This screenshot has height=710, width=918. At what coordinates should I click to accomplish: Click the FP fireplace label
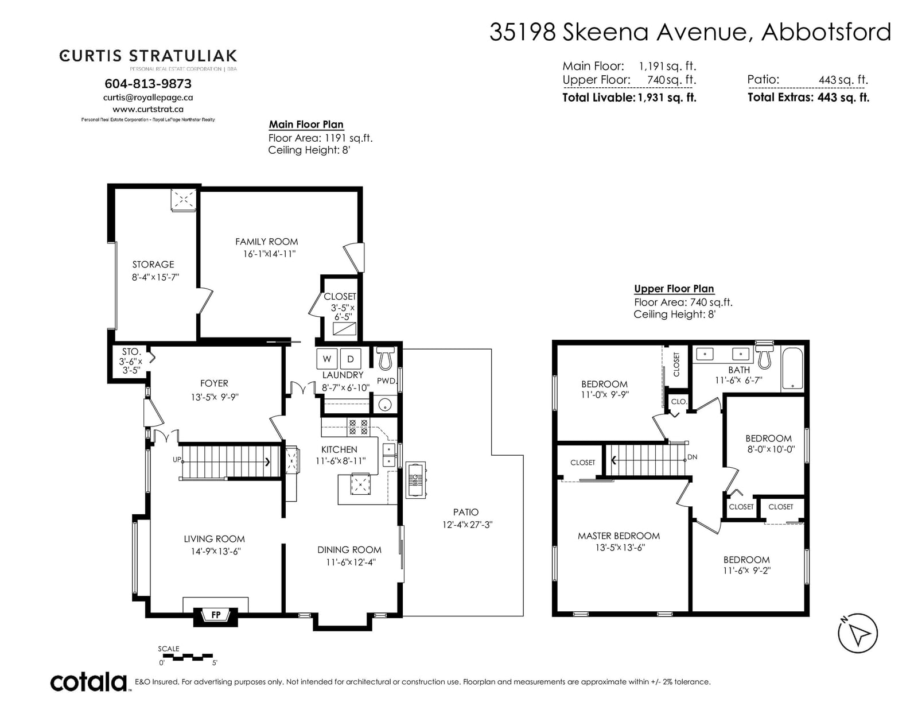pyautogui.click(x=216, y=615)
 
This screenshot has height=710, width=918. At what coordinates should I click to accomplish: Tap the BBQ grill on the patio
pyautogui.click(x=416, y=480)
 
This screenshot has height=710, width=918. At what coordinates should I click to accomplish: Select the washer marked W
pyautogui.click(x=326, y=359)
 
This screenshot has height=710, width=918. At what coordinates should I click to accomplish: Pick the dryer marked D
pyautogui.click(x=350, y=359)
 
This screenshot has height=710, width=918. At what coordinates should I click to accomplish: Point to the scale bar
pyautogui.click(x=188, y=656)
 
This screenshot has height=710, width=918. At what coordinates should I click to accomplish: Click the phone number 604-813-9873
pyautogui.click(x=148, y=84)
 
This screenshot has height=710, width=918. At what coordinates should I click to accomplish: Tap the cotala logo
pyautogui.click(x=89, y=682)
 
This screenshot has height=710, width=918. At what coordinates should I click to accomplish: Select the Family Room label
pyautogui.click(x=267, y=242)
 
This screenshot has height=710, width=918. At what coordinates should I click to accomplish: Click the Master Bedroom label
pyautogui.click(x=619, y=536)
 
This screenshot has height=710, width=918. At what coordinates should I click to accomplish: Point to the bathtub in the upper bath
pyautogui.click(x=792, y=368)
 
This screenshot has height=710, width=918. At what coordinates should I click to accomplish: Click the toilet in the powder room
pyautogui.click(x=386, y=358)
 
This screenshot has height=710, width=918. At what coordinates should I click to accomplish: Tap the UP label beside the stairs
pyautogui.click(x=177, y=459)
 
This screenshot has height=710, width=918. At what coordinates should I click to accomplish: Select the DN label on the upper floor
pyautogui.click(x=693, y=457)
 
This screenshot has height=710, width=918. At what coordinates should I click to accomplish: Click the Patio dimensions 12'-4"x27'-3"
pyautogui.click(x=468, y=525)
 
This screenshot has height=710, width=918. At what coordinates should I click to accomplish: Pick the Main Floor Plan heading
pyautogui.click(x=306, y=124)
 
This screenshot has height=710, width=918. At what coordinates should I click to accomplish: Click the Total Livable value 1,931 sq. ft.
pyautogui.click(x=667, y=98)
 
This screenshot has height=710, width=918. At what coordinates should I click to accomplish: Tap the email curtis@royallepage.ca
pyautogui.click(x=148, y=98)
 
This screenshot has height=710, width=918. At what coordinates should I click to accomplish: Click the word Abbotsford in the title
pyautogui.click(x=826, y=32)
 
